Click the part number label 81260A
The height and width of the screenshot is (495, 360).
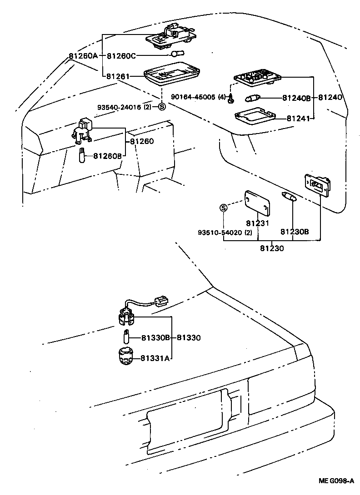click(x=83, y=56)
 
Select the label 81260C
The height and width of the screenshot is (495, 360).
click(x=121, y=56)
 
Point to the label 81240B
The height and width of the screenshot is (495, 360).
click(x=296, y=98)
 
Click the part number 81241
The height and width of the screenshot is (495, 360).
click(x=298, y=119)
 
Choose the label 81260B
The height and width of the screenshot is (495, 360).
click(x=107, y=156)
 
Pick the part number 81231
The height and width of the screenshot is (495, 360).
click(x=258, y=223)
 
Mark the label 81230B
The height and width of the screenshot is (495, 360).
click(x=294, y=232)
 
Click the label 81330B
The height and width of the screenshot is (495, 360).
click(x=155, y=338)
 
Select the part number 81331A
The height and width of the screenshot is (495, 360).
click(x=155, y=358)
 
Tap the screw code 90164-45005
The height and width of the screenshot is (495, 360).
click(x=194, y=97)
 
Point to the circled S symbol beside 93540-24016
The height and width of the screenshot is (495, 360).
click(x=161, y=107)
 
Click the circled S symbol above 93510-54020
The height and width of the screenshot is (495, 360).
click(x=223, y=208)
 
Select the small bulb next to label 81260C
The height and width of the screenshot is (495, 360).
click(x=177, y=54)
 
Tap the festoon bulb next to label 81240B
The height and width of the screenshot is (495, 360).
click(x=252, y=97)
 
